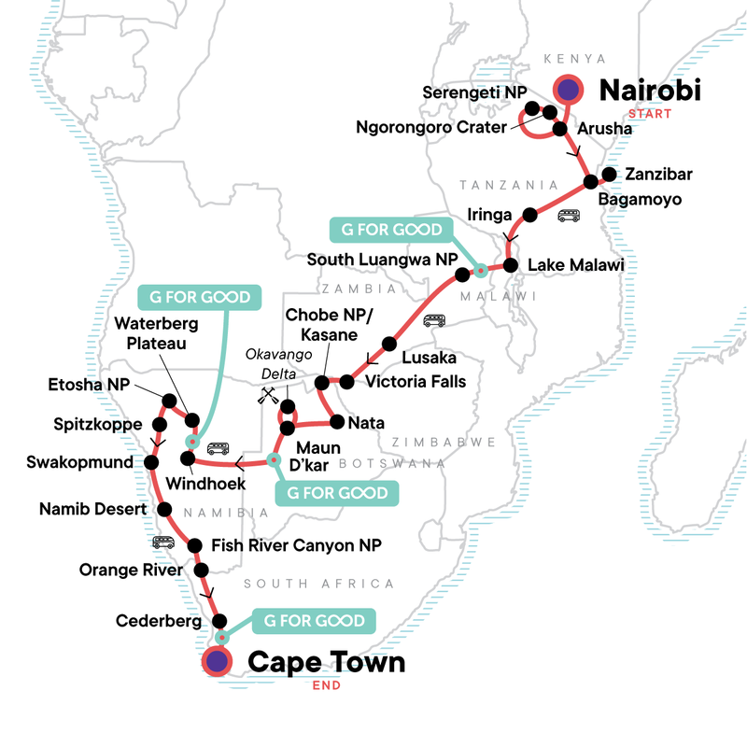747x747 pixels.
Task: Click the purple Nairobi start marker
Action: click(x=568, y=90)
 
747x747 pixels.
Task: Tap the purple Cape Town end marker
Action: click(x=218, y=662)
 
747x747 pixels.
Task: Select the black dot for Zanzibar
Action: click(x=609, y=174)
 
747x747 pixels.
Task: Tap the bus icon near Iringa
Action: click(x=569, y=216)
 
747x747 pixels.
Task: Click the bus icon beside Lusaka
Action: click(x=433, y=321)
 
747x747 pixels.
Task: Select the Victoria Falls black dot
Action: click(x=346, y=381)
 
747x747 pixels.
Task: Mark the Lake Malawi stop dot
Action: click(x=511, y=265)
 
